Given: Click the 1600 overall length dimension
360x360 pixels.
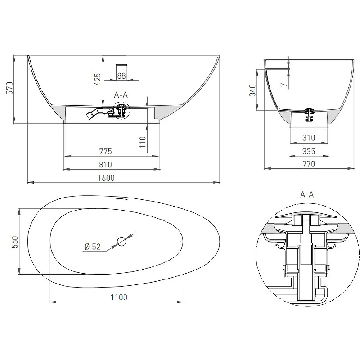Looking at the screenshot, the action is [106, 178].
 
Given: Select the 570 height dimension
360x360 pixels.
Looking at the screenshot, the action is [10, 88].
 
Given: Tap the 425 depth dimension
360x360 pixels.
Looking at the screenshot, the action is [98, 80].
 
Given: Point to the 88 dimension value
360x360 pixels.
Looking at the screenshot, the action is [121, 76].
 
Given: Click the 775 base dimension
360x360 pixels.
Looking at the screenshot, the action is [106, 152].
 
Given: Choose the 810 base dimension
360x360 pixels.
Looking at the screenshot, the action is [106, 165].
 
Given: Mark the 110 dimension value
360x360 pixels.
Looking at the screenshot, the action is [143, 142].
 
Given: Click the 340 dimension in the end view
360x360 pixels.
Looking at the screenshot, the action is [252, 90].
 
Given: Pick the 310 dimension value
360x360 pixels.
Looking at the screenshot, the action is [309, 138].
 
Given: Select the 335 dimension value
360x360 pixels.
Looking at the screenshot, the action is [309, 152].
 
